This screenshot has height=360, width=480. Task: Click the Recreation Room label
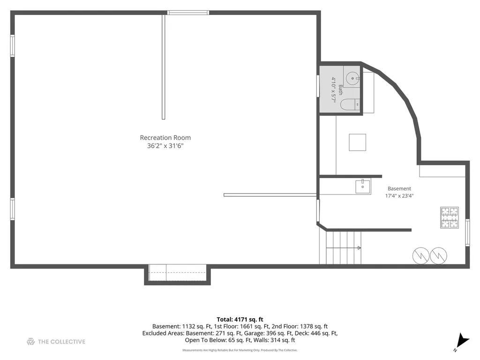click(165, 138)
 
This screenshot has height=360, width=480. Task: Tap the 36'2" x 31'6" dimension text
click(165, 146)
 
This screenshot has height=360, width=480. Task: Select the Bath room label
click(340, 90)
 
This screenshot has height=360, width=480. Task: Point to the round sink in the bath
click(352, 78)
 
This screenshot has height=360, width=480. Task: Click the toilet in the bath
click(350, 105)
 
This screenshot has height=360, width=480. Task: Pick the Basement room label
click(399, 188)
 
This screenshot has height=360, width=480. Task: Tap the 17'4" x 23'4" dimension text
click(399, 196)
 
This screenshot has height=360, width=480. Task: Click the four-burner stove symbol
click(450, 217)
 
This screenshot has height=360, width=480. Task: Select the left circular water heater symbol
click(421, 255)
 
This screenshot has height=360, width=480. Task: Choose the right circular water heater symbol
click(438, 255)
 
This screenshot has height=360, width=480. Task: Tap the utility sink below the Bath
click(363, 187)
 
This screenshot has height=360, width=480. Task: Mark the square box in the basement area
click(358, 142)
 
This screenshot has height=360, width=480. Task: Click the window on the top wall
click(188, 13)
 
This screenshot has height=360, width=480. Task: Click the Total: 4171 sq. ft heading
click(240, 320)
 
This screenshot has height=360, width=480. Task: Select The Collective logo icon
click(30, 342)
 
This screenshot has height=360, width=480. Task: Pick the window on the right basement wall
click(467, 232)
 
